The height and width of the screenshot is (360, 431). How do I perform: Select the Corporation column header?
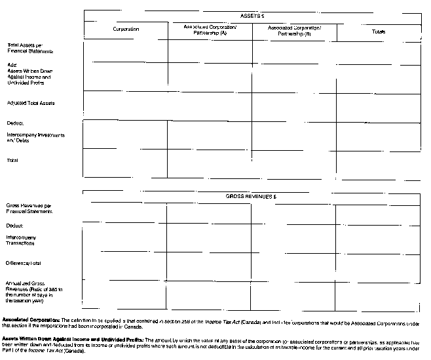coord(125,30)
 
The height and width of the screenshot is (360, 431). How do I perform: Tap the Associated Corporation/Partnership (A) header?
coord(210,30)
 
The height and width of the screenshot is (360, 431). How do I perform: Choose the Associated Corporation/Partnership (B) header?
coord(295,30)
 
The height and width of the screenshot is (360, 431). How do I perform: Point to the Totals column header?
coord(379,31)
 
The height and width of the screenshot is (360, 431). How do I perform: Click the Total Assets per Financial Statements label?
coord(30,47)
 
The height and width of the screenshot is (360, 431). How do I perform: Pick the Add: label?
coord(12,65)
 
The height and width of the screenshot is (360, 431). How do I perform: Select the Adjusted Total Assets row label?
coord(31,103)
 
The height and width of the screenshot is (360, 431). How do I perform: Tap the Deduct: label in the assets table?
coord(16,123)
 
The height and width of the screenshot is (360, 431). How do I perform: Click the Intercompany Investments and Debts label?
coord(35,138)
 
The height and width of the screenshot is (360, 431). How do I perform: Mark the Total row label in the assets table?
coord(12,160)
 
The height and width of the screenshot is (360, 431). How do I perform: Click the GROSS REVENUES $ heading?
coord(252,196)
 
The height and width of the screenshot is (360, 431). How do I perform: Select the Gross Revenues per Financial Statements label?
coord(30,208)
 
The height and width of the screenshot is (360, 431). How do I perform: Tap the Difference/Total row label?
coord(24,263)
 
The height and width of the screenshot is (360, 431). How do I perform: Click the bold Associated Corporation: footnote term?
coord(31,319)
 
